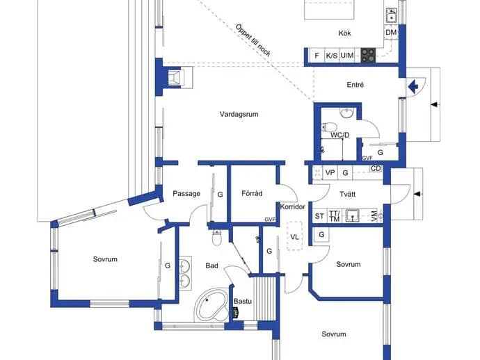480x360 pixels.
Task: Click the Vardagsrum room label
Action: coord(239,115)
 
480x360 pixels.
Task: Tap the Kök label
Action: coord(344,33)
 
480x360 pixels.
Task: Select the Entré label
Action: coord(355,85)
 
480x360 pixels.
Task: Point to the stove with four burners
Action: coord(368,56)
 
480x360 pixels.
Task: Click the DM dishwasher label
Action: coord(391,33)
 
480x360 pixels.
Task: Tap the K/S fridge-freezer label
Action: coord(332,56)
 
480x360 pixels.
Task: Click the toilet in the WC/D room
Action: coord(329,126)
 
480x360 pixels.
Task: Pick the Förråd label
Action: coord(252,193)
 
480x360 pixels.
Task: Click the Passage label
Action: coord(186,194)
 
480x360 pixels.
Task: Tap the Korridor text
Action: coord(293,207)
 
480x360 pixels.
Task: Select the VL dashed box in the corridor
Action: coord(294,236)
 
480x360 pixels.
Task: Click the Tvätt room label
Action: coord(347,194)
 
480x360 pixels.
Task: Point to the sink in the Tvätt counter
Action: coord(353,215)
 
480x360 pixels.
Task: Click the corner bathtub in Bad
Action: coord(212,305)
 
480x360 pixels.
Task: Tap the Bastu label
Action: coord(243,302)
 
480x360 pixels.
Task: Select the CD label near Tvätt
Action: coord(376,168)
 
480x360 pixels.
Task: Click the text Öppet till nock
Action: coord(253,40)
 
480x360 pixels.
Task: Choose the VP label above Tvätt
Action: coord(330,173)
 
